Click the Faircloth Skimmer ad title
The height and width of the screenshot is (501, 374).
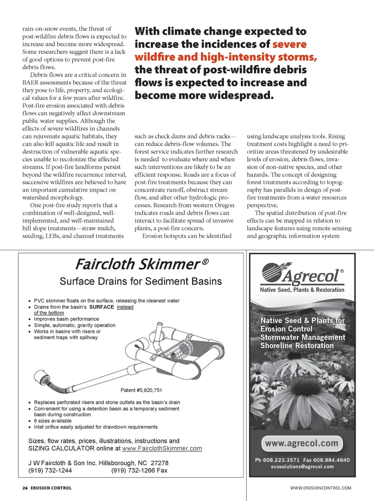pos(138,265)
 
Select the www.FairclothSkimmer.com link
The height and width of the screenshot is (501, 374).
pos(162,448)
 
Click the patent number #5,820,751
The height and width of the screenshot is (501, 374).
pos(141,390)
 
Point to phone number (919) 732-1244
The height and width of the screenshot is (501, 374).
pos(50,470)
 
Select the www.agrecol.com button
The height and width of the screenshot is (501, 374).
pos(302,443)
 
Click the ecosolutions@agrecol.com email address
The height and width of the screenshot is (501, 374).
pos(302,467)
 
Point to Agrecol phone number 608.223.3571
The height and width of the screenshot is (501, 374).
pos(281,460)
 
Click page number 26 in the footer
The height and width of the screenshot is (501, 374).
pos(25,488)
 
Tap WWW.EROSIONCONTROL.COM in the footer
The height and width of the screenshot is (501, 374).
pos(321,488)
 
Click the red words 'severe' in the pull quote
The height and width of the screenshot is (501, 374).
pos(289,44)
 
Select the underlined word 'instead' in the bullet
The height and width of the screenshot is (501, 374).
pos(125,307)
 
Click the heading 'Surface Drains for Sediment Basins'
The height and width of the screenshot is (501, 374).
pos(141,281)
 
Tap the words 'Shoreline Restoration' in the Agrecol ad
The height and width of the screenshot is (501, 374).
pos(297,345)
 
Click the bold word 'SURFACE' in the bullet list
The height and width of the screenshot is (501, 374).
pos(101,307)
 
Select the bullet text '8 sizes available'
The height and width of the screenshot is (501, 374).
pos(53,421)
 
